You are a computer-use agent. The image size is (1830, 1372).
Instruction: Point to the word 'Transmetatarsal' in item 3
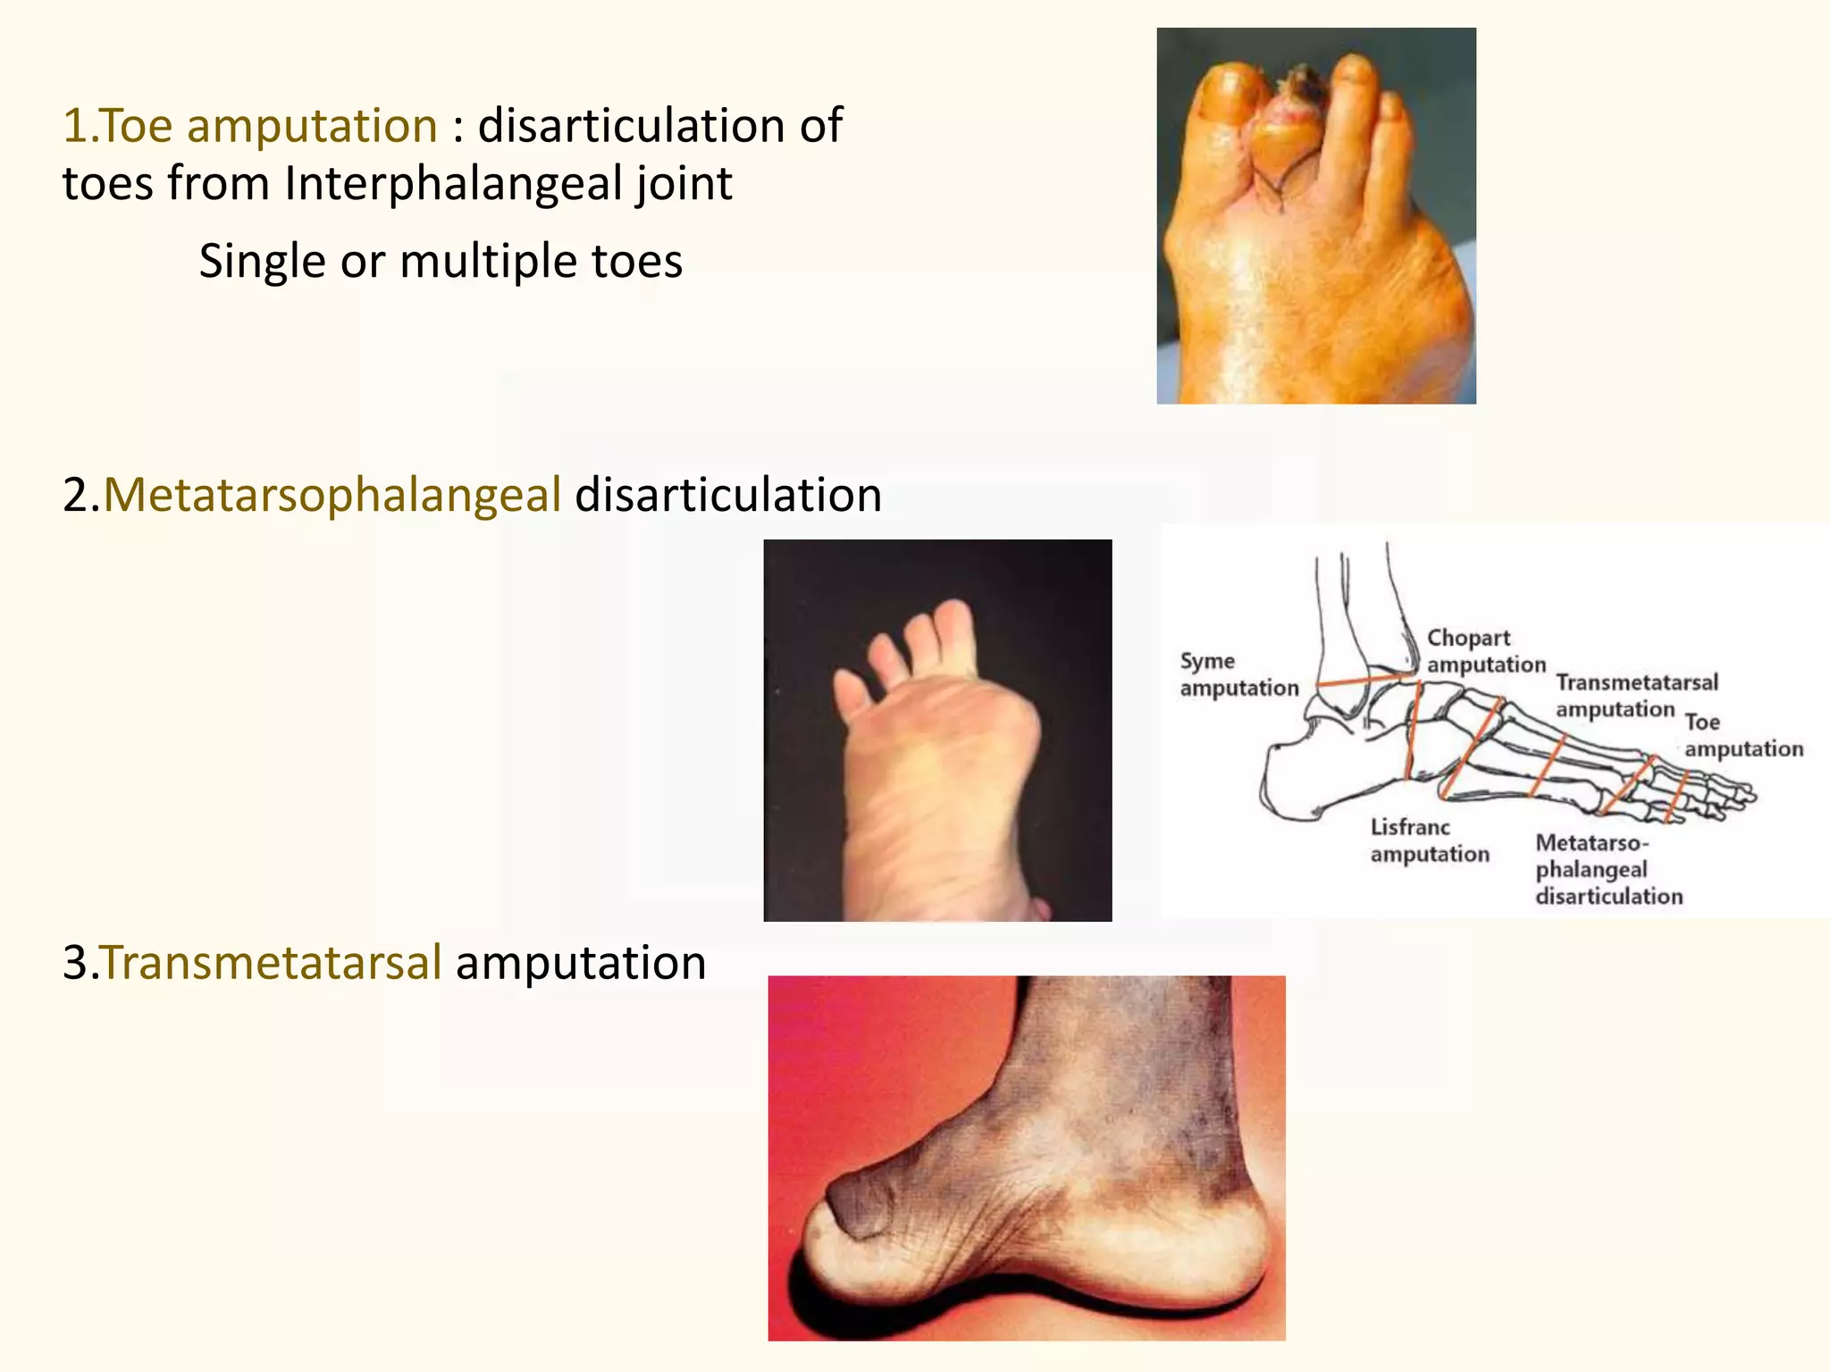(x=271, y=963)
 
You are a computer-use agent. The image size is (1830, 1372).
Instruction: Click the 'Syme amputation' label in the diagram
(x=1238, y=674)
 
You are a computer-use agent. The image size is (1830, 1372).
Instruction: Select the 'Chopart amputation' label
(x=1485, y=651)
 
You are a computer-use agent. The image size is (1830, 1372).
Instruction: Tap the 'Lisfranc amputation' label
(x=1429, y=841)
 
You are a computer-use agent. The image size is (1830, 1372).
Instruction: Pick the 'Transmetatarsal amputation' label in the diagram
(x=1635, y=696)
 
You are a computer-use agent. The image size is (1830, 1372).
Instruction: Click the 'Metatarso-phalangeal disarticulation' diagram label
(x=1608, y=869)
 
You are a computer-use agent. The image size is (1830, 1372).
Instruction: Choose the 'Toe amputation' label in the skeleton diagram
(x=1742, y=735)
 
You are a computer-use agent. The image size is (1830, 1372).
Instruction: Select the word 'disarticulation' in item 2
(x=727, y=495)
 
